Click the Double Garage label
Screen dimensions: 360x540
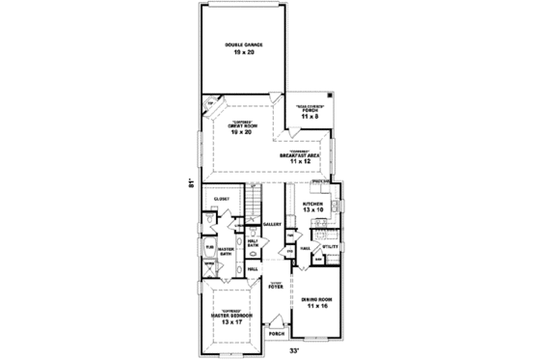pos(246,44)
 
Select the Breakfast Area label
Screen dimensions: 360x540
pos(300,154)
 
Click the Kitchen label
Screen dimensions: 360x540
pos(311,204)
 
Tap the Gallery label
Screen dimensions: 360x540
pos(272,224)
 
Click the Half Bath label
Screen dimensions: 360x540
pos(254,245)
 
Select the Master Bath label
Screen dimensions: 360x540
pos(227,253)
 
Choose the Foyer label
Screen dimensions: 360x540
pos(277,286)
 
